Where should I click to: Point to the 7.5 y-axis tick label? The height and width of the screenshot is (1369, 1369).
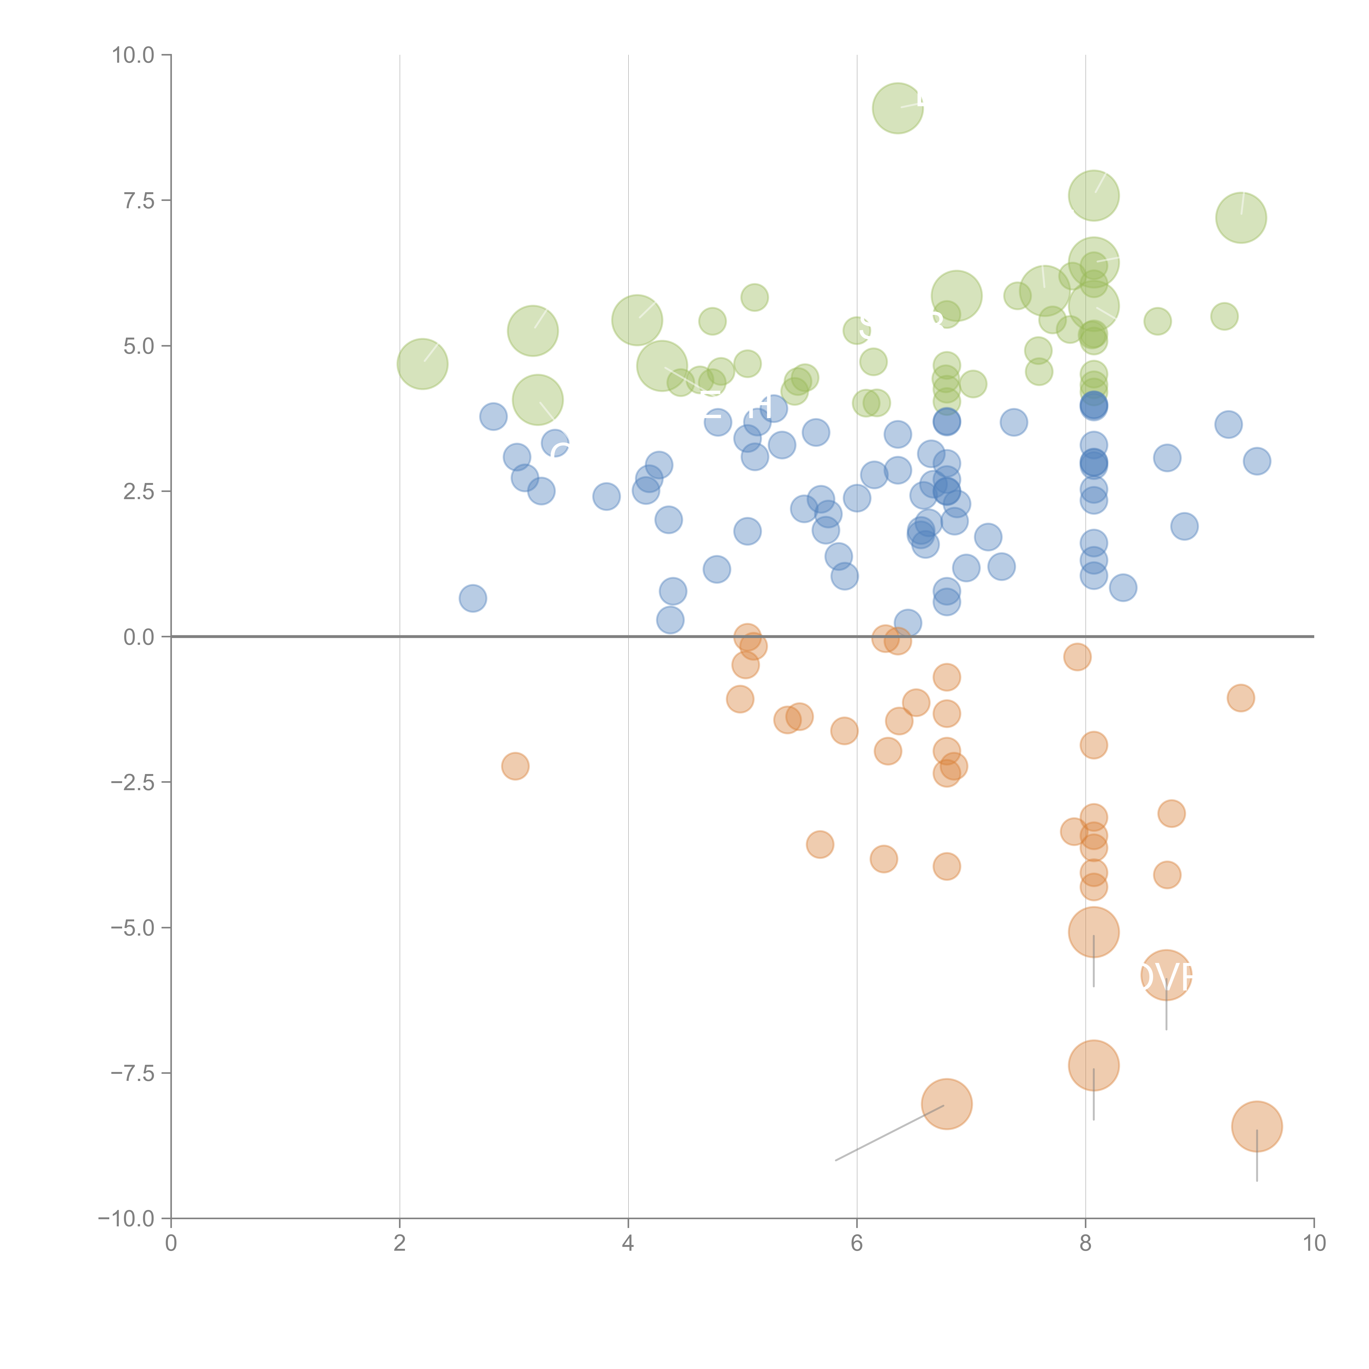(x=138, y=200)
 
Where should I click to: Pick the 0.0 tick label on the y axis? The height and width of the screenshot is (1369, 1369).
(x=138, y=637)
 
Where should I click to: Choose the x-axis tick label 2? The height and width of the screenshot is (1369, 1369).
(x=400, y=1244)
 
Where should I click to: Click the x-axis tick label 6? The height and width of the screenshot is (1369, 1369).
(x=857, y=1244)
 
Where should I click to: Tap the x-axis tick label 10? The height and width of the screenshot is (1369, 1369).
(x=1314, y=1244)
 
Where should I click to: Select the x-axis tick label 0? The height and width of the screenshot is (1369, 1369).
(x=171, y=1244)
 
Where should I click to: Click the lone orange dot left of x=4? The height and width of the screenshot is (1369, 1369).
(x=515, y=766)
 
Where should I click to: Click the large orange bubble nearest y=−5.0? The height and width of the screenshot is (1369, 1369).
(x=1093, y=933)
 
